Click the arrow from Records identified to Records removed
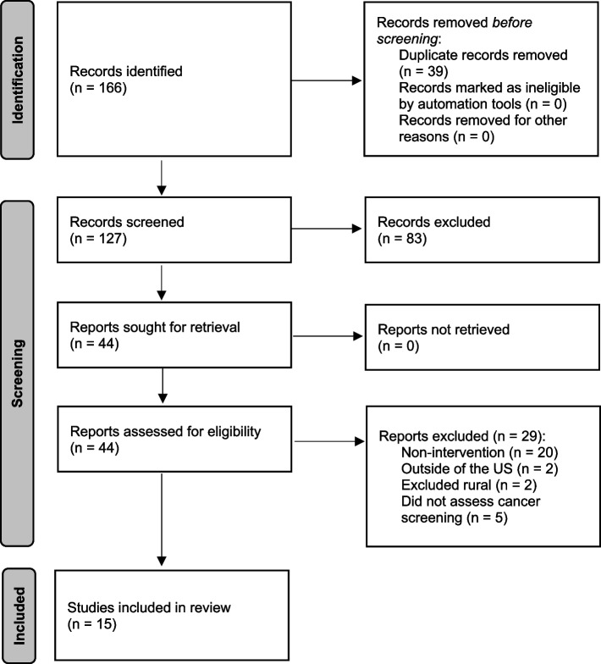coord(327,82)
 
